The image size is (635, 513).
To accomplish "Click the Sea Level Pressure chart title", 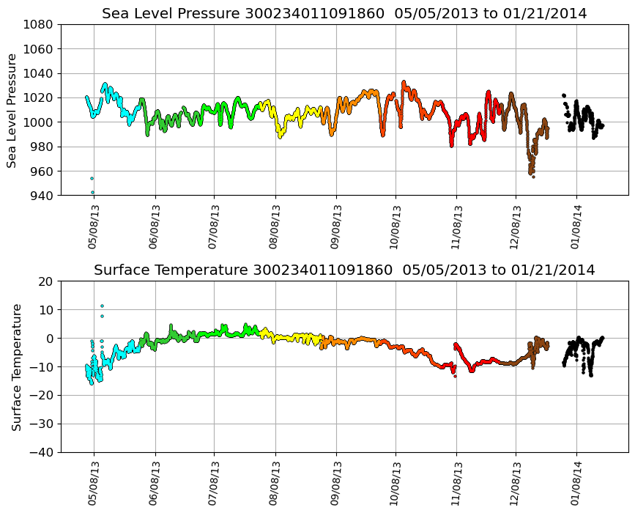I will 344,13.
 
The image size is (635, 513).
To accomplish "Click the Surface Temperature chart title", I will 344,270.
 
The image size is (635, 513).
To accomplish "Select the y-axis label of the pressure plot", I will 12,110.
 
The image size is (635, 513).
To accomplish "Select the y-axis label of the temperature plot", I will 16,366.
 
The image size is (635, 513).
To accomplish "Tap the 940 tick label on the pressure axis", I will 40,196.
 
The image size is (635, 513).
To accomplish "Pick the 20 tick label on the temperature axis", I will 46,281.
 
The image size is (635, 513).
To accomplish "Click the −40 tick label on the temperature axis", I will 40,452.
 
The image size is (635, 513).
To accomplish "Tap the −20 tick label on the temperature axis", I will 40,395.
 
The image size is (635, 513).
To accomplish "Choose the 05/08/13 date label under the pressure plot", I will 93,226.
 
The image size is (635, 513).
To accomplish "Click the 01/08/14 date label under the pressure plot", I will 576,226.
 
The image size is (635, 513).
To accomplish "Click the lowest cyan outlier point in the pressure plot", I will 92,192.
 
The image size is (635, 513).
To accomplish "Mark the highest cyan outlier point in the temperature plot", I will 102,306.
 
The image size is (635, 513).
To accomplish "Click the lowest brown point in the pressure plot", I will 533,177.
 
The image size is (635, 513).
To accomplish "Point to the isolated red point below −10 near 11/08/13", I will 455,375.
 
